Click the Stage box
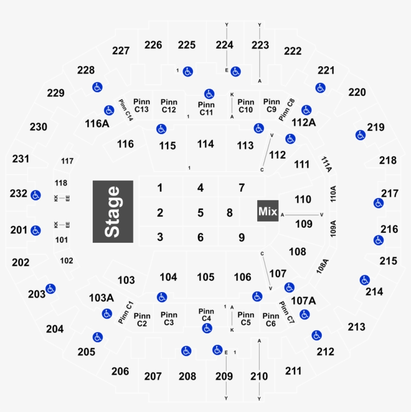[113, 212]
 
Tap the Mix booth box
[268, 212]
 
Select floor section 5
[200, 213]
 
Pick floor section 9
[242, 237]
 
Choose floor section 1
[160, 188]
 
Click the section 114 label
[205, 144]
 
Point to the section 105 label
[205, 277]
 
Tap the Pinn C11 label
[206, 108]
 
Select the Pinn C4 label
[206, 315]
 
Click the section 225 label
[186, 45]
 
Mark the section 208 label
[187, 376]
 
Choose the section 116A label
[97, 123]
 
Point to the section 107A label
[304, 301]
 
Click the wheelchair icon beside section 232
[35, 195]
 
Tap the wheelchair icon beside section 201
[35, 231]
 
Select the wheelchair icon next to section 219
[360, 134]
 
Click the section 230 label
[39, 127]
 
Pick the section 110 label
[303, 199]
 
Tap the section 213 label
[357, 327]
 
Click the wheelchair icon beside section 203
[50, 289]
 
